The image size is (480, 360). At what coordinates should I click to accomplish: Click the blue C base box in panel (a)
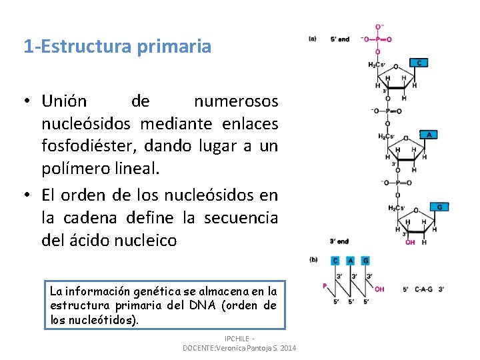tap(418, 63)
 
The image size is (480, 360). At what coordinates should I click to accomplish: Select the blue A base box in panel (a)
tap(428, 135)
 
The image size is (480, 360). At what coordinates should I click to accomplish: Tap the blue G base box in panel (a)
tap(439, 207)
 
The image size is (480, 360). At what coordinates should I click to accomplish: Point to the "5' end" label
tap(339, 39)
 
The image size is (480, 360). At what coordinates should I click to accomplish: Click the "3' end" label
tap(339, 241)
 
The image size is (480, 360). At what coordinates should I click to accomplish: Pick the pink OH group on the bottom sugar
tap(410, 243)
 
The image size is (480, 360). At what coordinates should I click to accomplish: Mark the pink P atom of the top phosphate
tap(379, 39)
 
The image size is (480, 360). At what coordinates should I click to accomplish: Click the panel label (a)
tap(313, 39)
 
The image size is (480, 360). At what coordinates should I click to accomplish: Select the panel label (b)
tap(313, 260)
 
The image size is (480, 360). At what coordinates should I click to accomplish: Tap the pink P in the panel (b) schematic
tap(325, 286)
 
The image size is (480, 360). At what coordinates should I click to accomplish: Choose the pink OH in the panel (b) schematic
tap(379, 289)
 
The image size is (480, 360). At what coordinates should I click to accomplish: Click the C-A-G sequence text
tap(424, 289)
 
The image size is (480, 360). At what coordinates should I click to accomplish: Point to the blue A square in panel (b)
tap(350, 261)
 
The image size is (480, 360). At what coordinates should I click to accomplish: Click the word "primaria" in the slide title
tap(179, 47)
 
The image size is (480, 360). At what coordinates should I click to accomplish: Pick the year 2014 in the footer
tap(287, 348)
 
